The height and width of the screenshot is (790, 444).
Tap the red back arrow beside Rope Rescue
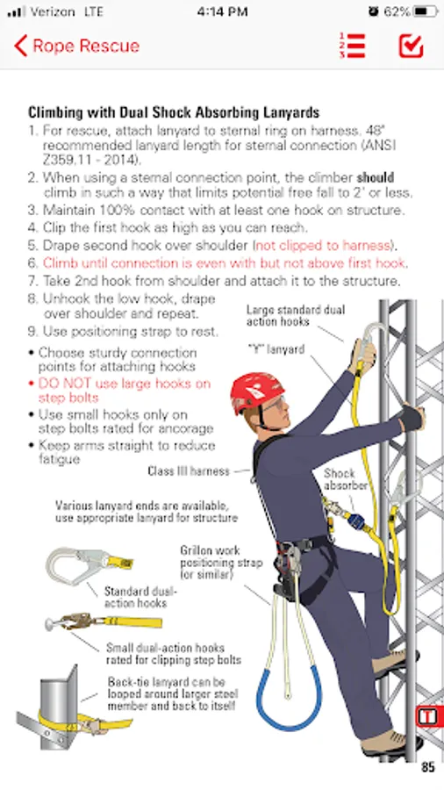pos(21,46)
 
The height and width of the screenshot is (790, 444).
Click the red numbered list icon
pos(353,46)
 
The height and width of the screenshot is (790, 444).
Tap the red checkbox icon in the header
pos(411,46)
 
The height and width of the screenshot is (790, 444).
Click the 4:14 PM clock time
pos(222,11)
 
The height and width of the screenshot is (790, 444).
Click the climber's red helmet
pos(257,392)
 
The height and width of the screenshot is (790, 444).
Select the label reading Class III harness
pos(189,471)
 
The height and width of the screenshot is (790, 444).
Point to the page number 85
pos(428,767)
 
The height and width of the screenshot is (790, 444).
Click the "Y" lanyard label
pos(276,349)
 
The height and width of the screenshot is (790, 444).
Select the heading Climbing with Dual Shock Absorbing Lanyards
pos(174,111)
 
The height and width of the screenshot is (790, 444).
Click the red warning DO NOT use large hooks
pos(125,391)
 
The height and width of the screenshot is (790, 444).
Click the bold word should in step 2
pos(376,177)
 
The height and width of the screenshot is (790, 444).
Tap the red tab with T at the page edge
pos(429,716)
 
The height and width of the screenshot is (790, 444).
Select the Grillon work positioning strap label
pos(221,563)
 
